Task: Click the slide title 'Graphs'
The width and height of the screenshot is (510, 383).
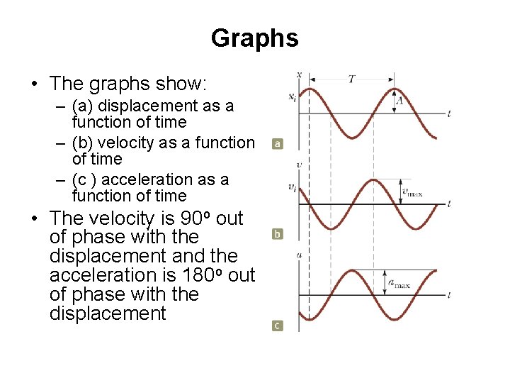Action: point(254,38)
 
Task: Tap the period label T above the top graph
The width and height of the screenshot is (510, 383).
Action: point(351,79)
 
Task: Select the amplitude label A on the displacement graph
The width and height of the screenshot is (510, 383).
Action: point(400,101)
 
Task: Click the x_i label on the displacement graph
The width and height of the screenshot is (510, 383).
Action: point(293,97)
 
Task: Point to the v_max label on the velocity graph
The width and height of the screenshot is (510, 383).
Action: point(412,191)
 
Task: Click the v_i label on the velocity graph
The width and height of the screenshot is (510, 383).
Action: point(292,187)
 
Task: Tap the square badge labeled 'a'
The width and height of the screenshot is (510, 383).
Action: point(278,143)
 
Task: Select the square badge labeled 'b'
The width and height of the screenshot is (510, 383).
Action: point(278,233)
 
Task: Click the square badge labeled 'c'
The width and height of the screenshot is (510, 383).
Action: point(278,325)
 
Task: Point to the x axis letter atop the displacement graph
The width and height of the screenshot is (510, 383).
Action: point(299,74)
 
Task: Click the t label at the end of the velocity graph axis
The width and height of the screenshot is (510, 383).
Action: point(450,204)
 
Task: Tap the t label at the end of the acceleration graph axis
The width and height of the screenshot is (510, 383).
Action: point(450,294)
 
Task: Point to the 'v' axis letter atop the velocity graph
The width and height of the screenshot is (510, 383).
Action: point(299,165)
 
